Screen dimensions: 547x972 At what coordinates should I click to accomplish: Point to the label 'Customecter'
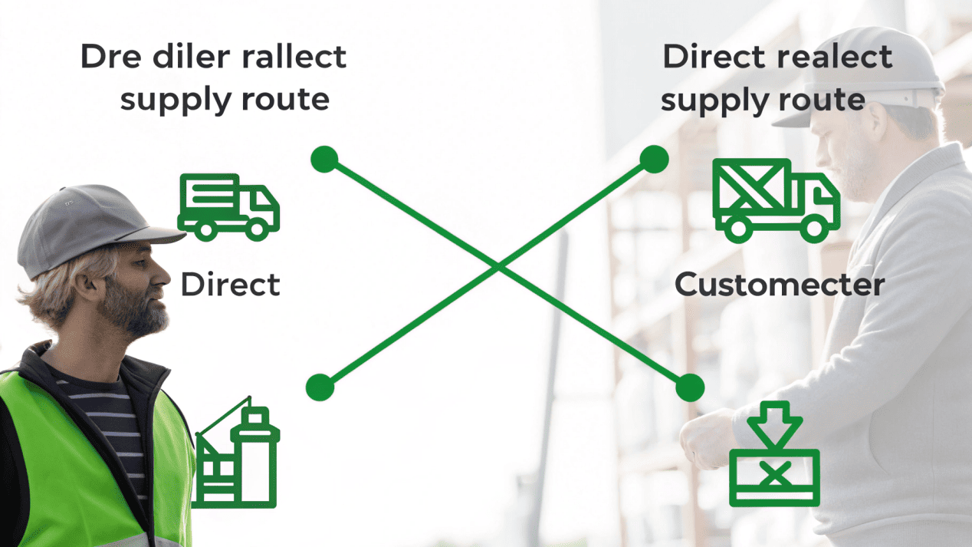click(x=779, y=285)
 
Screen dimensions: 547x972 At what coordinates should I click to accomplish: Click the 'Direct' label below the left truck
click(x=230, y=285)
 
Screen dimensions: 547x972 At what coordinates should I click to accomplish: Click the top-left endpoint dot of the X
click(x=324, y=160)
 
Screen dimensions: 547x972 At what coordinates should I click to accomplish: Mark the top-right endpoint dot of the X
click(x=654, y=160)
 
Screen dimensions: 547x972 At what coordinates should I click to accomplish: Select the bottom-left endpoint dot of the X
click(x=320, y=387)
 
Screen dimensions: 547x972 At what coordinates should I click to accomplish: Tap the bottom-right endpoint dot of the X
click(x=690, y=387)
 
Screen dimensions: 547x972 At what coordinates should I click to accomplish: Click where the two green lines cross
click(x=498, y=266)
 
